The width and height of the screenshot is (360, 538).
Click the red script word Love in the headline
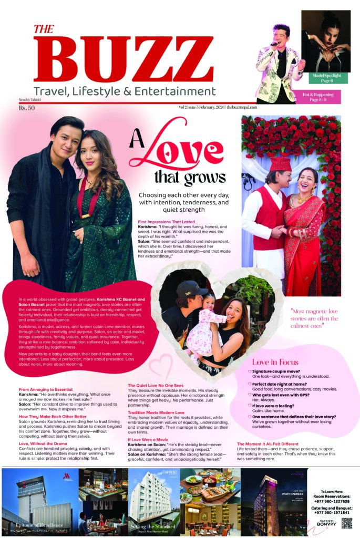(x=181, y=148)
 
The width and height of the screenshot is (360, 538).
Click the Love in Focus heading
(x=275, y=362)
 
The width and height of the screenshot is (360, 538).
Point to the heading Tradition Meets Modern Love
(x=157, y=413)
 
